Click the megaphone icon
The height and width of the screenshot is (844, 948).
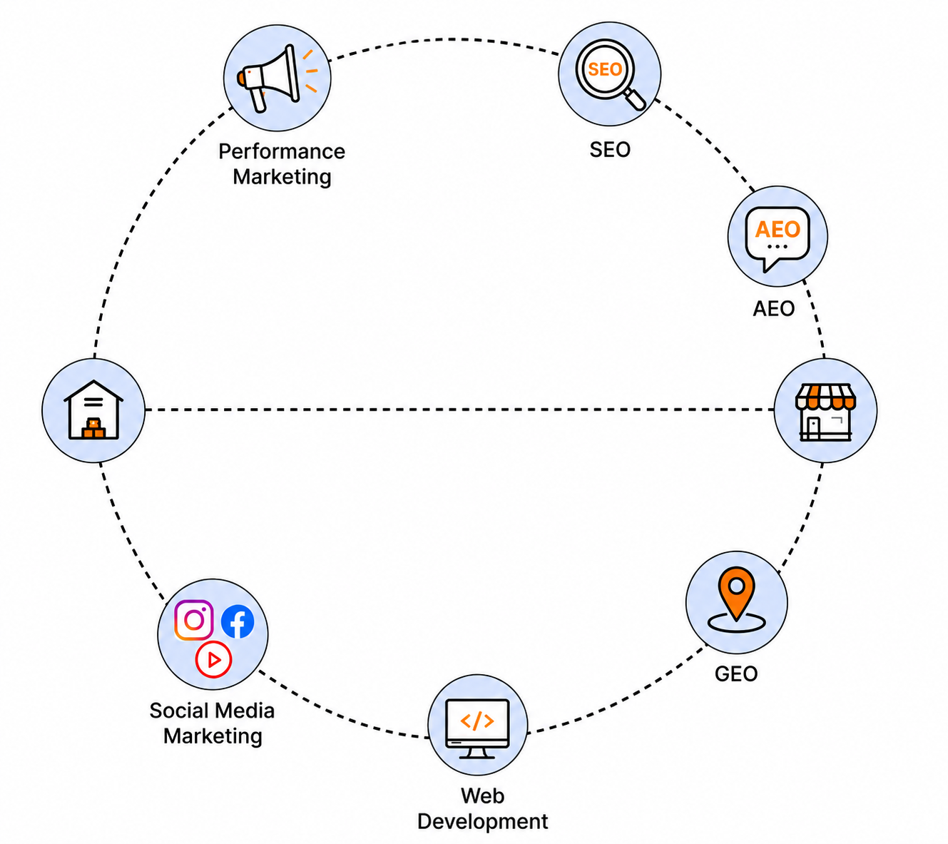[277, 78]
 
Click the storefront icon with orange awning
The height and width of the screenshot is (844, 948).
[825, 412]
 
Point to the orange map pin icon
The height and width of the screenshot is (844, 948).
[737, 600]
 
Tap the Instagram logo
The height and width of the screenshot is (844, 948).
[194, 620]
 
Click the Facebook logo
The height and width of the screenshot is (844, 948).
[238, 621]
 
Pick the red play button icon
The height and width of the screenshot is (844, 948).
[213, 659]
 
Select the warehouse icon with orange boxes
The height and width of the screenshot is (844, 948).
[93, 410]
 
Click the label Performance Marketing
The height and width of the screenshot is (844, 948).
[282, 164]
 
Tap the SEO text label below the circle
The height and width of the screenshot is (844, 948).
[610, 150]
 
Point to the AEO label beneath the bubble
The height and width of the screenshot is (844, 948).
[773, 308]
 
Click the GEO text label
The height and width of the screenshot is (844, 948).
[736, 674]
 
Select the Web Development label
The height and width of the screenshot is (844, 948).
[482, 808]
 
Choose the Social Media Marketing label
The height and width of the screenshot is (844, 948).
[212, 723]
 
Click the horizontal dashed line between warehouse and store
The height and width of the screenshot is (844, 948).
[459, 410]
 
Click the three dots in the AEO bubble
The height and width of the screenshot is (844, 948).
[778, 247]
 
